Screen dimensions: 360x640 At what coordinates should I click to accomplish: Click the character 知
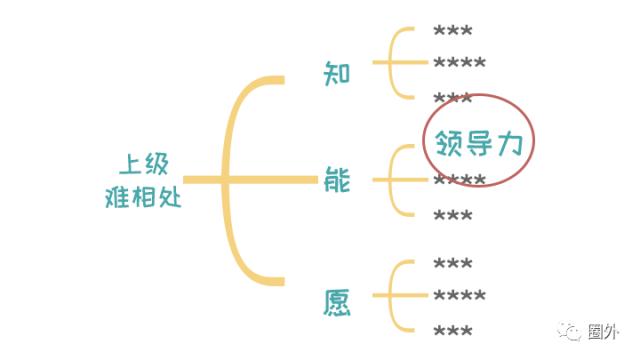337,73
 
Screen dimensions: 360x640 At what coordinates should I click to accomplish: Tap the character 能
337,180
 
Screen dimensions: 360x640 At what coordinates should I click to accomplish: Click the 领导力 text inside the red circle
478,143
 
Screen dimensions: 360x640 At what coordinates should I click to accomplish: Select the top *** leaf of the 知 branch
453,31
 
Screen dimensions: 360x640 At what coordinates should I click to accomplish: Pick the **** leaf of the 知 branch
460,64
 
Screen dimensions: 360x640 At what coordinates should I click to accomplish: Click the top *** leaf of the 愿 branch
453,264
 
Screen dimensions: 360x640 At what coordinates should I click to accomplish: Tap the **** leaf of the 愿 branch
460,297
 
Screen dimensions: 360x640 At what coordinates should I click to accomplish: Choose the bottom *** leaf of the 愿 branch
453,330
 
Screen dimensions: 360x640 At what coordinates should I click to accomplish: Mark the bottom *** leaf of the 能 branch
453,215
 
